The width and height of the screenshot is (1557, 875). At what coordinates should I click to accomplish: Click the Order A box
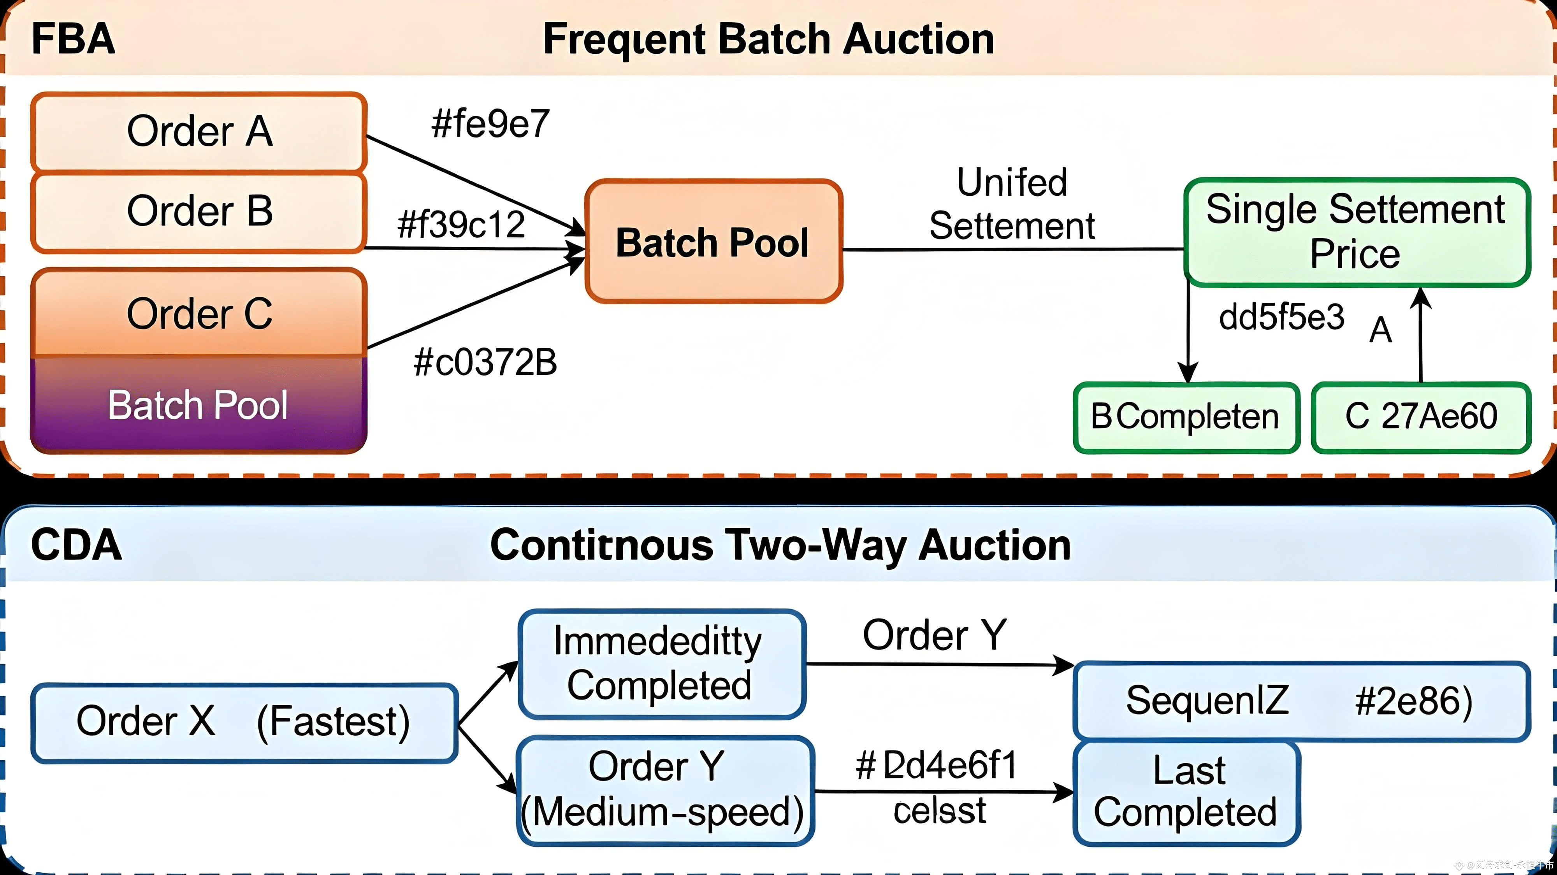pos(199,131)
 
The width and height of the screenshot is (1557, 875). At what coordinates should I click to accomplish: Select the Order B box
pos(199,211)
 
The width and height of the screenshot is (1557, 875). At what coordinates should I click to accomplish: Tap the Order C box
pos(199,313)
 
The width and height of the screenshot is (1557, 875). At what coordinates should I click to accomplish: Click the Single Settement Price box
pos(1356,232)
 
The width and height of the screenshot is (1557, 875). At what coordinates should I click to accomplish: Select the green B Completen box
pos(1186,417)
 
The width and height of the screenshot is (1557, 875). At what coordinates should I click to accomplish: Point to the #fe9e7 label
pos(490,124)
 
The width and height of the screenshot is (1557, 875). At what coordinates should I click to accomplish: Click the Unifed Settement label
pos(1012,204)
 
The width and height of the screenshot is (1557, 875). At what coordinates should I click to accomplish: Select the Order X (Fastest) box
pos(244,722)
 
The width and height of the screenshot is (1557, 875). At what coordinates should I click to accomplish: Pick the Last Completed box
pos(1186,792)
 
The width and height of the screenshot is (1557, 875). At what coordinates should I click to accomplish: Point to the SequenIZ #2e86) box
pos(1301,701)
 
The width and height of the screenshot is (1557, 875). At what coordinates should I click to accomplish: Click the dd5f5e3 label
pos(1281,317)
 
